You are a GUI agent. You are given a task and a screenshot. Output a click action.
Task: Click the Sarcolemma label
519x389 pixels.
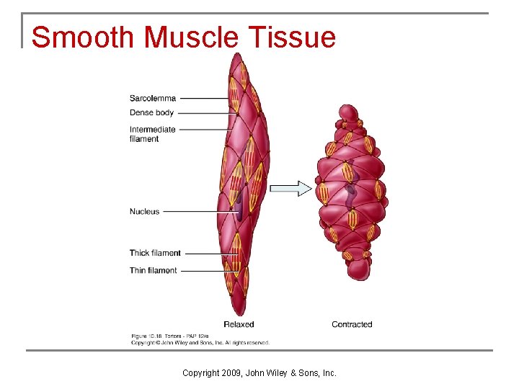pos(152,98)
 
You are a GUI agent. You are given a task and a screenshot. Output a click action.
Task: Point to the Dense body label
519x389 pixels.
pos(151,112)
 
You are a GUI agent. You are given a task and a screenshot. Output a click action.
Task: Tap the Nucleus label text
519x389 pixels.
pos(144,212)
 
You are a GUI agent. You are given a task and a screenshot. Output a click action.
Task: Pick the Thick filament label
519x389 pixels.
pos(155,253)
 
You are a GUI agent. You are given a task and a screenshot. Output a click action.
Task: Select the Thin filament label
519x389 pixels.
pos(153,270)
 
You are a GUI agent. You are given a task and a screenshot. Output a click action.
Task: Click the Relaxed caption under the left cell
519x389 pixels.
pos(239,324)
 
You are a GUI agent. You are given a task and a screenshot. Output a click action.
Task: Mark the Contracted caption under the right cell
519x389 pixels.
pos(352,324)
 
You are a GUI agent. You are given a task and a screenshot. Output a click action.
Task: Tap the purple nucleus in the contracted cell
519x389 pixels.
pos(350,194)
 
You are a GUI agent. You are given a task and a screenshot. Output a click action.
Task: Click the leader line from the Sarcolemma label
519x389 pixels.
pos(205,98)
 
